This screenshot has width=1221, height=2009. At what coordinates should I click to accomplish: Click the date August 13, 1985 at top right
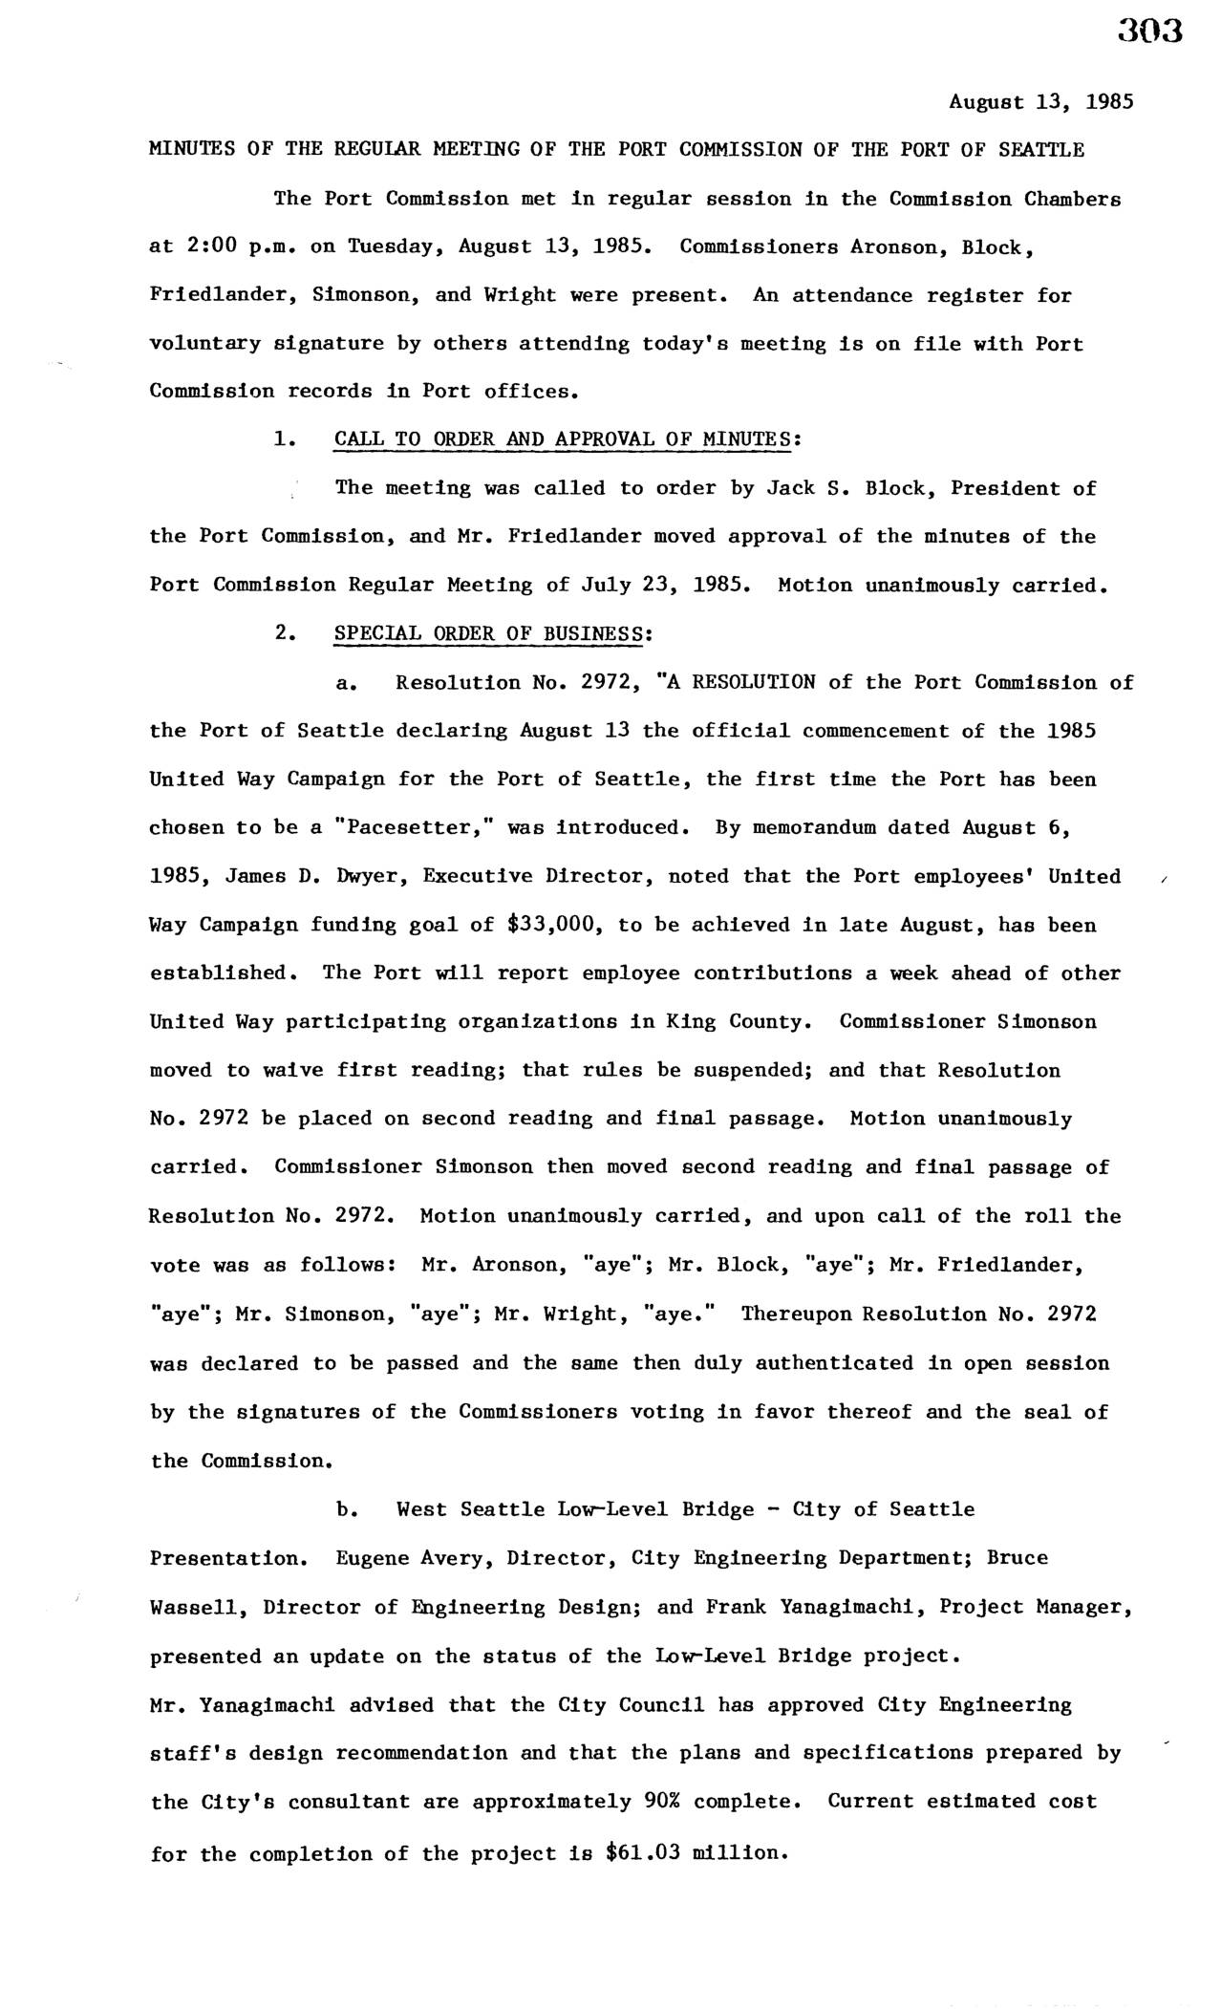pyautogui.click(x=1040, y=101)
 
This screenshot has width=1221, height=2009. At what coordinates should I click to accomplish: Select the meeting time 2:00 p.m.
pyautogui.click(x=223, y=247)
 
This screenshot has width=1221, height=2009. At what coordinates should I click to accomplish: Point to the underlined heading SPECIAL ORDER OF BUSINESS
pyautogui.click(x=488, y=633)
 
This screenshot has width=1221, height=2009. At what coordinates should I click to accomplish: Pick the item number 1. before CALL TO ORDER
pyautogui.click(x=282, y=439)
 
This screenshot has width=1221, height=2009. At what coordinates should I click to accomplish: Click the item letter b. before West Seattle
pyautogui.click(x=347, y=1509)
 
